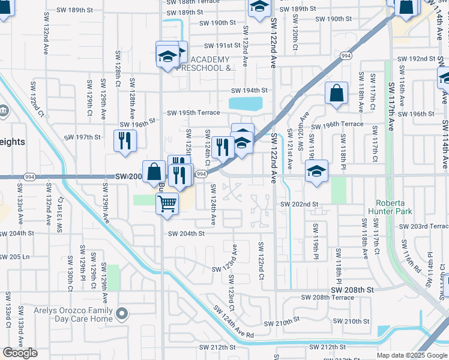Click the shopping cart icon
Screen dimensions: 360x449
coord(167,204)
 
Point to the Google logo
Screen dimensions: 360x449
coord(20,353)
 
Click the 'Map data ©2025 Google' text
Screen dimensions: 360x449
coord(412,355)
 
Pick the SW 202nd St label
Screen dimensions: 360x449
coord(298,205)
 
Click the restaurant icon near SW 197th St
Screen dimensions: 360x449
coord(124,140)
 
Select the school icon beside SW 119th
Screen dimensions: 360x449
coord(316,171)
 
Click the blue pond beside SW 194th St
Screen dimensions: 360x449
coord(245,104)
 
